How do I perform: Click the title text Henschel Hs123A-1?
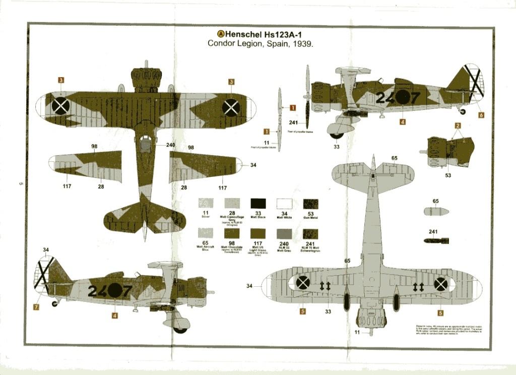point(267,34)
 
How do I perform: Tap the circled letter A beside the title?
point(220,34)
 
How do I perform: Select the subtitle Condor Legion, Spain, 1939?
point(261,44)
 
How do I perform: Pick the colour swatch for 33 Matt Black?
point(258,204)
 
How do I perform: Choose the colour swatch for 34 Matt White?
point(284,204)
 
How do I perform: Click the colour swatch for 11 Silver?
point(206,204)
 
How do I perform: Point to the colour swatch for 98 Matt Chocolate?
point(232,233)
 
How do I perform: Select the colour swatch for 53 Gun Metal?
point(310,204)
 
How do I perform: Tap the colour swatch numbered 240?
point(284,233)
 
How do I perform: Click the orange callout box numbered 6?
point(481,115)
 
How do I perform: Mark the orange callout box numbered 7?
point(36,306)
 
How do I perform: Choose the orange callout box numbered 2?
point(458,126)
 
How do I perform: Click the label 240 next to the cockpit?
point(170,145)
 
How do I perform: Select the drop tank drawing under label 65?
point(435,212)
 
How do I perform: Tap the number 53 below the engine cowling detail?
point(447,175)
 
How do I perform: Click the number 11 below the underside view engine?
point(357,332)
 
